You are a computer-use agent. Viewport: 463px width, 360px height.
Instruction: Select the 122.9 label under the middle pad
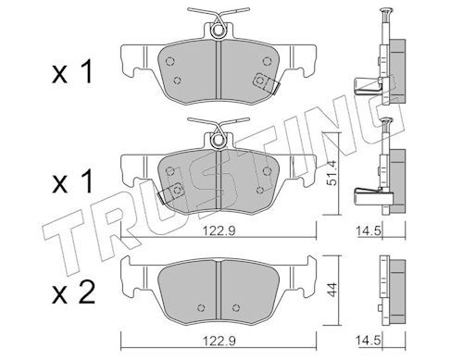pos(219,230)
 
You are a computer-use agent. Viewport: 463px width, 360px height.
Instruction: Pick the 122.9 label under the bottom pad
pos(219,341)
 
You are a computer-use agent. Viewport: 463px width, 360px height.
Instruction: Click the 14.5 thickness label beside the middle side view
pos(369,230)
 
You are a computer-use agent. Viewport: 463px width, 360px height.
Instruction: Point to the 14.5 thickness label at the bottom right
pos(369,341)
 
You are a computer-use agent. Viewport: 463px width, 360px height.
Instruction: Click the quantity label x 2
pos(73,293)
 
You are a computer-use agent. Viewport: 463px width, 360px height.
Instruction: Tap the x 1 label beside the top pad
pos(72,72)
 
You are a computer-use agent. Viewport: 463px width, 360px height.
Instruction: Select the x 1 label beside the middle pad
pos(72,182)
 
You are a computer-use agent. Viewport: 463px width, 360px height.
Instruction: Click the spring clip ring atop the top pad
pos(219,31)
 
